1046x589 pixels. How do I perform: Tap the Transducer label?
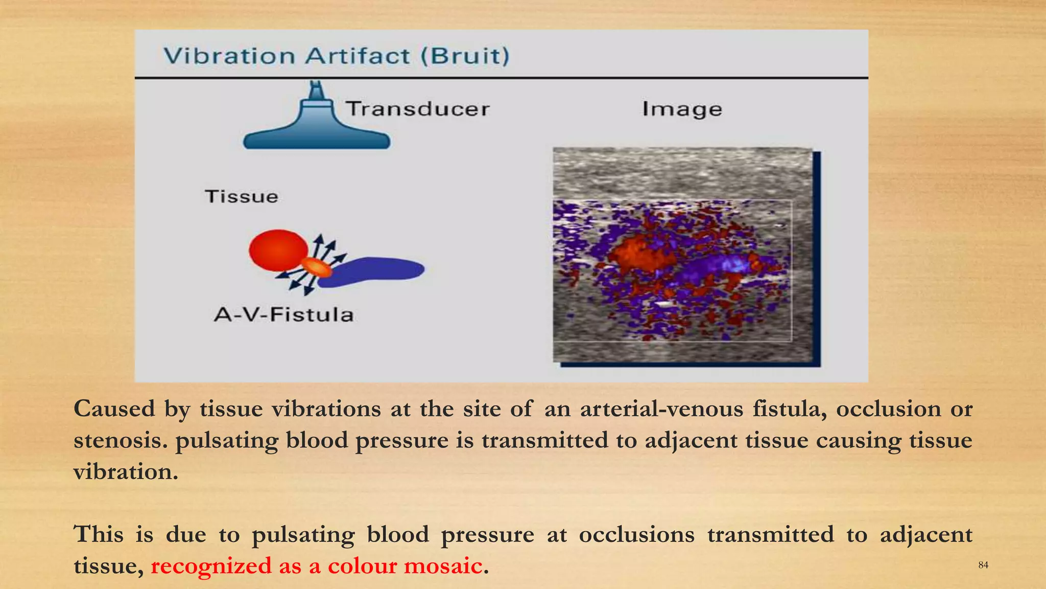point(418,109)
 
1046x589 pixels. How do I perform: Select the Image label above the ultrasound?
point(682,109)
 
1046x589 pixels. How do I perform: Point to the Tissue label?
point(242,197)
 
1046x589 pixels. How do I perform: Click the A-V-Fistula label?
point(284,314)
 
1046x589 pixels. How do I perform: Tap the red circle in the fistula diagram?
point(278,250)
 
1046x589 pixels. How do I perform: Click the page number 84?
point(983,565)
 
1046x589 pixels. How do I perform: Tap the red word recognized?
point(211,566)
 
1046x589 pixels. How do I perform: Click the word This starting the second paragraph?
point(99,534)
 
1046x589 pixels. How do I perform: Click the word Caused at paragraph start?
point(114,409)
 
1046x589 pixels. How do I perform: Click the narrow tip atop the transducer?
point(317,90)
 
